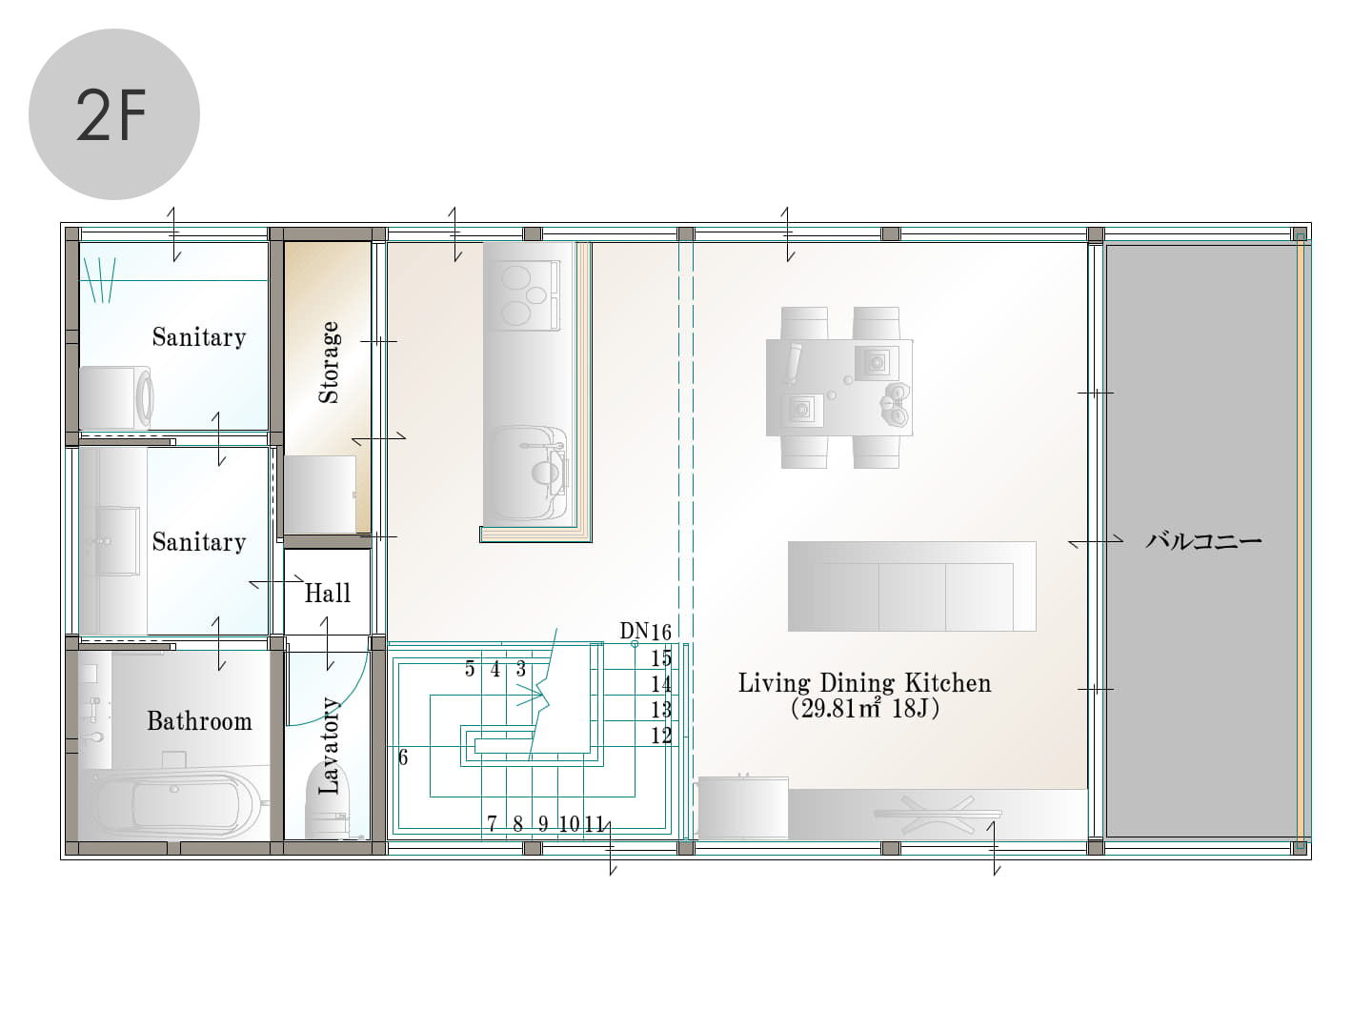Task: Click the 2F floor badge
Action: pos(114,114)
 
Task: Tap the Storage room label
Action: pos(329,362)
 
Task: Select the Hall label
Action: pos(328,593)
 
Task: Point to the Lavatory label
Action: pos(329,746)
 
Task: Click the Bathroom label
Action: pos(199,721)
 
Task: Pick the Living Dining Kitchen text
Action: pos(864,683)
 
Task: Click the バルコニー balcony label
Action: pos(1203,540)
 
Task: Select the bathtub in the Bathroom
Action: pos(178,805)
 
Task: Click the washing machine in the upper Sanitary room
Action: pos(116,398)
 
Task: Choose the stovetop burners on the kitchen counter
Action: pos(524,295)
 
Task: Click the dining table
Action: pos(838,388)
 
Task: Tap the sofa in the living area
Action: pos(912,586)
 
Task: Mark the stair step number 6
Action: pos(403,757)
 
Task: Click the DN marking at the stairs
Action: pos(634,631)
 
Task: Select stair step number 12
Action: pos(661,736)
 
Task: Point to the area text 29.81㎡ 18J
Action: pos(864,709)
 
